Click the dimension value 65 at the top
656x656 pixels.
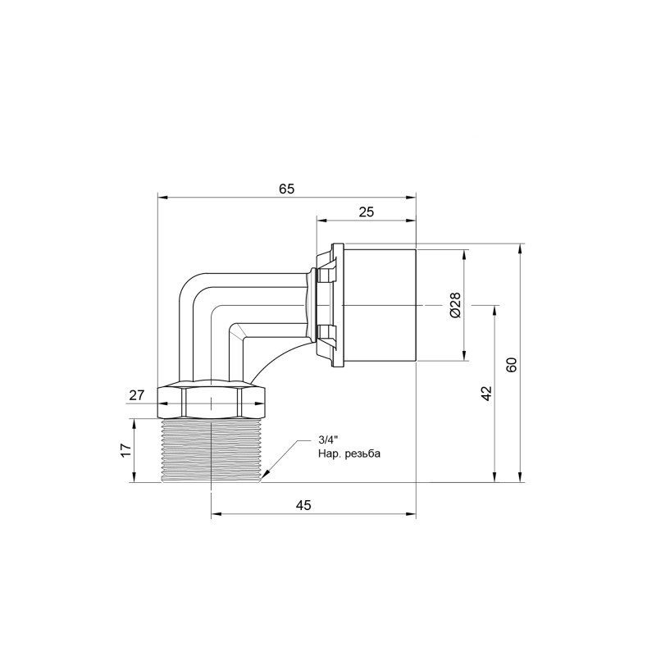pyautogui.click(x=285, y=189)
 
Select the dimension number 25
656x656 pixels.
pyautogui.click(x=366, y=212)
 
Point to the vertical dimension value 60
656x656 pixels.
pyautogui.click(x=512, y=364)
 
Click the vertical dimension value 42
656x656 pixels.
pyautogui.click(x=485, y=393)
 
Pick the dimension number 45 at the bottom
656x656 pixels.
pyautogui.click(x=303, y=505)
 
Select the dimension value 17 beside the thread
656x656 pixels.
pyautogui.click(x=125, y=449)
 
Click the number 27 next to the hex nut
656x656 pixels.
pyautogui.click(x=136, y=395)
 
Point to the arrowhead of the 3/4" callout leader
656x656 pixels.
pyautogui.click(x=264, y=477)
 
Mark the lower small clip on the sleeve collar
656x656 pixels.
pyautogui.click(x=326, y=333)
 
